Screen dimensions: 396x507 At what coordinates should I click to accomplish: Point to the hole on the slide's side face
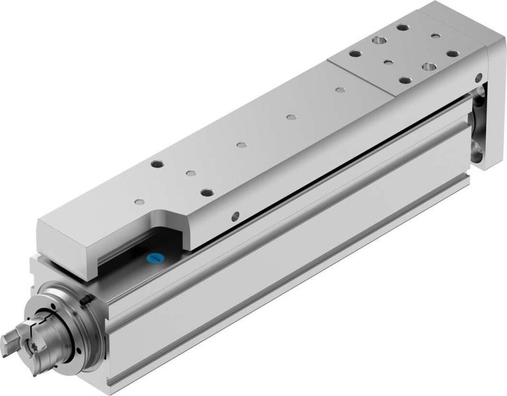click(236, 215)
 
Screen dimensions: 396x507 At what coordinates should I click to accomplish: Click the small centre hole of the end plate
click(388, 63)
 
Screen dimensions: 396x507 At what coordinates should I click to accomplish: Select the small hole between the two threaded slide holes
click(190, 174)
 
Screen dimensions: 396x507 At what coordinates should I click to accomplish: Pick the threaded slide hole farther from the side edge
click(157, 163)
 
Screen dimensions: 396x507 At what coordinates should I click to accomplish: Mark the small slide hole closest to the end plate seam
click(339, 89)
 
